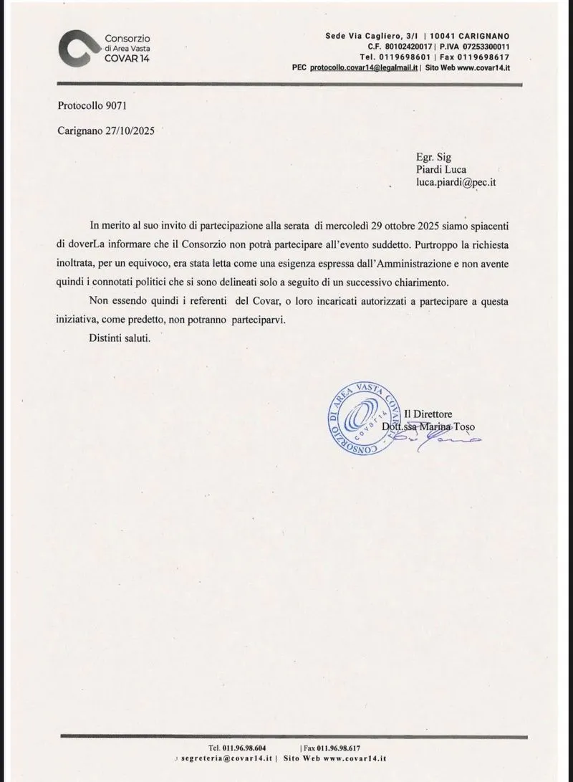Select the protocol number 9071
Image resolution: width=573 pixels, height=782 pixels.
click(x=114, y=106)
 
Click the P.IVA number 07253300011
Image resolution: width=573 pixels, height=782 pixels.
click(x=478, y=45)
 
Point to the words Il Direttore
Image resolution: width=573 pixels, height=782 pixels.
click(x=431, y=414)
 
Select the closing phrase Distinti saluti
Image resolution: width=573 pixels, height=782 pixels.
click(x=120, y=338)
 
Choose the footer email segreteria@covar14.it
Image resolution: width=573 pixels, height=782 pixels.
click(x=227, y=758)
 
